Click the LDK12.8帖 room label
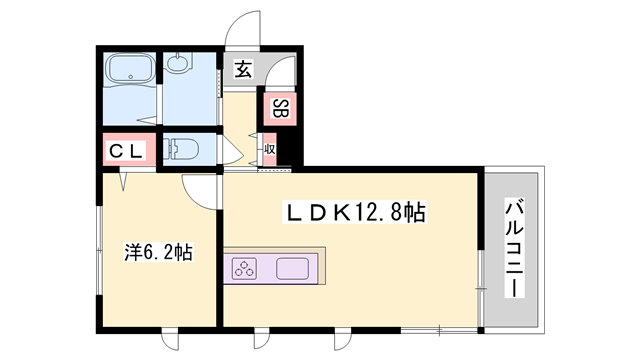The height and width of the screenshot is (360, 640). pyautogui.click(x=357, y=212)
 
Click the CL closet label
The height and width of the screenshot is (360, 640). pyautogui.click(x=127, y=152)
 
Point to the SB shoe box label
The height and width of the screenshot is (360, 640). pyautogui.click(x=280, y=109)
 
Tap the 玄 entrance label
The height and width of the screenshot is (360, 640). pyautogui.click(x=244, y=69)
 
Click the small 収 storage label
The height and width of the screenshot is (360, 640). pyautogui.click(x=269, y=151)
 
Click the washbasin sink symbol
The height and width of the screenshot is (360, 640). pyautogui.click(x=180, y=66)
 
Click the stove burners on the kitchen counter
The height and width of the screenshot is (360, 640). pyautogui.click(x=246, y=268)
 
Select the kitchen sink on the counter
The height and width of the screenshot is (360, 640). pyautogui.click(x=292, y=268)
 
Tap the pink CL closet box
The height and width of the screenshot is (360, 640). pyautogui.click(x=127, y=152)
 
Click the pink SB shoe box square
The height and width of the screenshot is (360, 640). pyautogui.click(x=280, y=109)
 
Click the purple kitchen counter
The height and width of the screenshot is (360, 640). pyautogui.click(x=273, y=268)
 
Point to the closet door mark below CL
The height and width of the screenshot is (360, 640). pyautogui.click(x=125, y=180)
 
